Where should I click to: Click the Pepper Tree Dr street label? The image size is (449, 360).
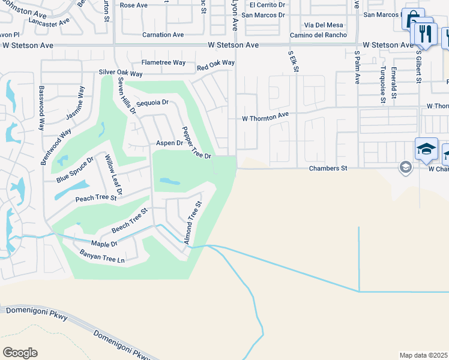coord(197,143)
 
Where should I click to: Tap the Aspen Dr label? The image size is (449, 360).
coord(169,143)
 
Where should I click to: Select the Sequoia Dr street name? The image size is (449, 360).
coord(152,103)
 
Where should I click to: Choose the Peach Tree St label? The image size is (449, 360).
coord(95,197)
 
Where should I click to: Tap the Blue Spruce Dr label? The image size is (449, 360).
coord(75,170)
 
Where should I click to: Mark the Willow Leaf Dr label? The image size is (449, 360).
coord(114,175)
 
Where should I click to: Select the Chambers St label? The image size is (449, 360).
coord(328,169)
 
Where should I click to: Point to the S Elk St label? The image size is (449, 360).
coord(294,61)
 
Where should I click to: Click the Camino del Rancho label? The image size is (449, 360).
coord(325,35)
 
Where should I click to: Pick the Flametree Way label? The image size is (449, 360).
coord(163,62)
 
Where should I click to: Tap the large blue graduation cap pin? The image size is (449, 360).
coord(426,149)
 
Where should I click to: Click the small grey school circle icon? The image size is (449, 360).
coord(406,168)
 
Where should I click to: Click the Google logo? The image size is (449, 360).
coord(20,353)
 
